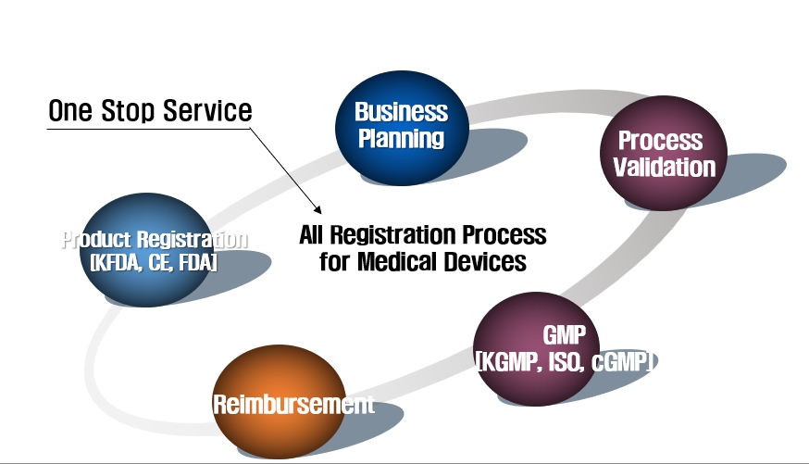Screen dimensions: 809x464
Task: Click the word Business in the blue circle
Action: (402, 111)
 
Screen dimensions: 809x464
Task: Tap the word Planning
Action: (402, 138)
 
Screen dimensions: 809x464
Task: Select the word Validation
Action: (665, 168)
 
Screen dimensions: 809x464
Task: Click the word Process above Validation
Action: (660, 141)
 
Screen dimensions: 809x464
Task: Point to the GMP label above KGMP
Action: (565, 335)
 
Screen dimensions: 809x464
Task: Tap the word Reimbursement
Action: (293, 404)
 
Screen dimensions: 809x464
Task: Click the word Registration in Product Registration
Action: (193, 240)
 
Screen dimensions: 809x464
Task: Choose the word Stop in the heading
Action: (128, 111)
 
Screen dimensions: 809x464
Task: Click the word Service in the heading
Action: (207, 110)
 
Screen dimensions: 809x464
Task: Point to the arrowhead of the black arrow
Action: (318, 210)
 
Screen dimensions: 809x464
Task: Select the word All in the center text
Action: (311, 235)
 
